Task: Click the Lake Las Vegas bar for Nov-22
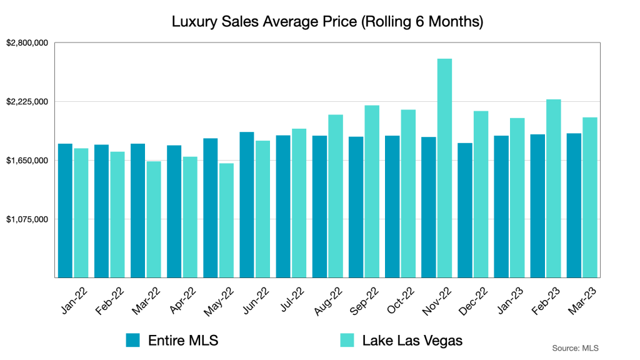click(444, 168)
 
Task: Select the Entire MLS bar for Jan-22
click(65, 211)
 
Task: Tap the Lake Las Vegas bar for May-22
click(226, 221)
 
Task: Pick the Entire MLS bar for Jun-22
click(247, 205)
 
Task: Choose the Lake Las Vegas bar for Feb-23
click(554, 188)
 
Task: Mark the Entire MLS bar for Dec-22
click(465, 210)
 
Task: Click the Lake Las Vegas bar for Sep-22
click(372, 191)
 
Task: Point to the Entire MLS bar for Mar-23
click(574, 206)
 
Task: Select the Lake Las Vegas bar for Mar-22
click(154, 219)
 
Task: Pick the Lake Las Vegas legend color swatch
click(348, 340)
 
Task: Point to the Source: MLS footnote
click(576, 347)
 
